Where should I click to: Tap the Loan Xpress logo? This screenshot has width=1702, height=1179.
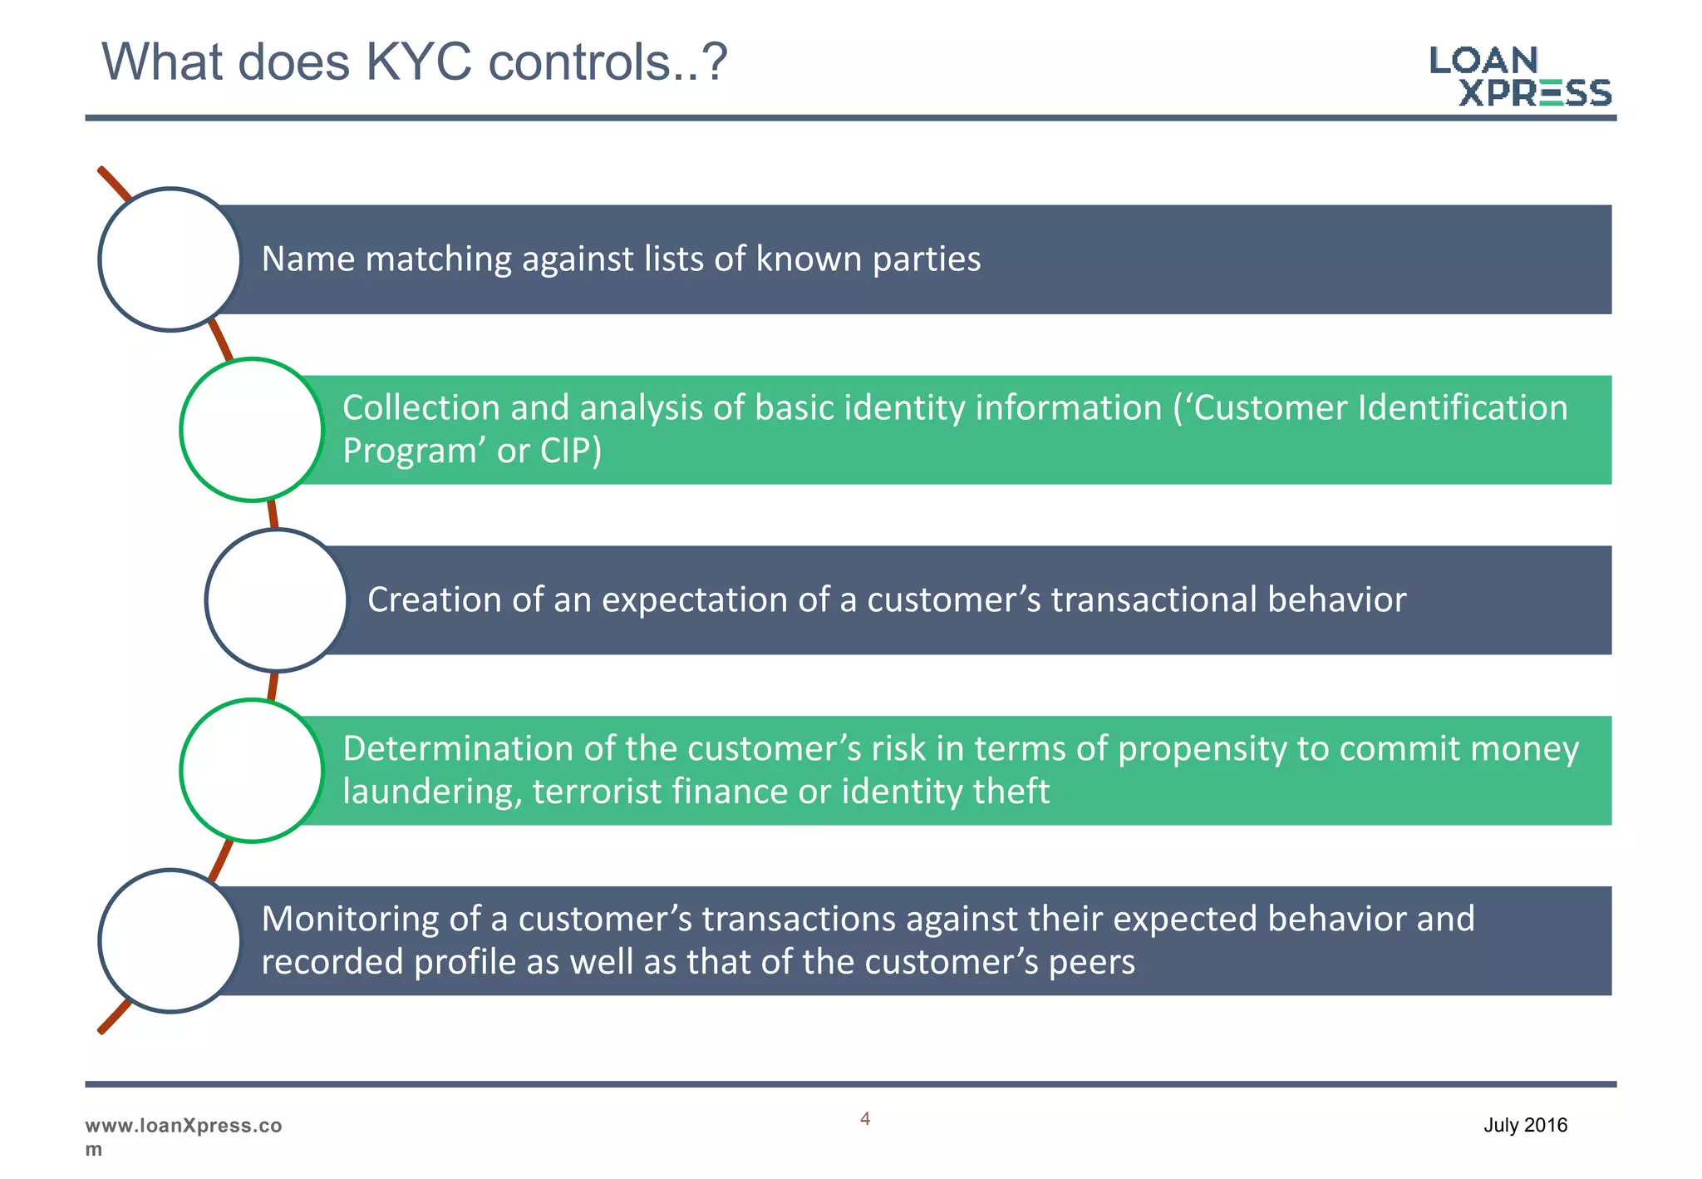(x=1520, y=76)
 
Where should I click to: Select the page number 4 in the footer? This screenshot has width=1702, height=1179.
(x=865, y=1119)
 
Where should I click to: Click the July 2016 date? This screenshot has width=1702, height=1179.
(x=1525, y=1125)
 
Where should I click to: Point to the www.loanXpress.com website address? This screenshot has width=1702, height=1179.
(x=183, y=1136)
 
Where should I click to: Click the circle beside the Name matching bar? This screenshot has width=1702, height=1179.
(x=170, y=259)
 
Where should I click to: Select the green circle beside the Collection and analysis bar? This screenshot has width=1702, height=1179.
(x=252, y=430)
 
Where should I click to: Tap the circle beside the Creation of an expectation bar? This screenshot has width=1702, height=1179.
(x=277, y=600)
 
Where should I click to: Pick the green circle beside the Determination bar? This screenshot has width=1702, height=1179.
(x=252, y=771)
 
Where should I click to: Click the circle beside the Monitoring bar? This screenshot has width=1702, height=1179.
(x=170, y=941)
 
